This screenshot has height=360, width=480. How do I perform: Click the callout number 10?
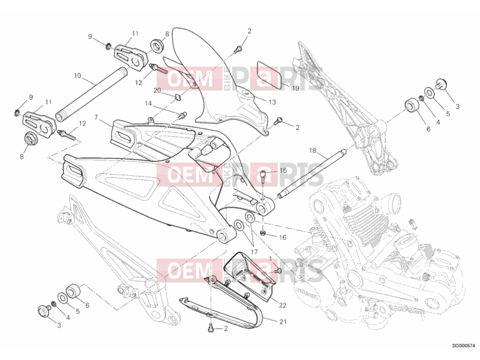click(x=77, y=76)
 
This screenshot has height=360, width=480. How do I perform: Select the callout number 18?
click(x=312, y=151)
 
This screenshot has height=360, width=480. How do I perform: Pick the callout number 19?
click(x=295, y=88)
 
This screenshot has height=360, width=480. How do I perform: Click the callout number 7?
click(x=96, y=118)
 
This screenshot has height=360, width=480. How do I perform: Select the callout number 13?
click(x=272, y=102)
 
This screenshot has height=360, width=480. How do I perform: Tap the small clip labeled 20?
click(x=177, y=97)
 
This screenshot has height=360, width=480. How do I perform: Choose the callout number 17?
click(x=254, y=252)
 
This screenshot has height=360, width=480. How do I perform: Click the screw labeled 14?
click(x=184, y=116)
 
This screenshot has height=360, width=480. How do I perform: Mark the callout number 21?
click(x=283, y=322)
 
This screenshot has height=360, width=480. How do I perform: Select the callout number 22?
click(x=282, y=305)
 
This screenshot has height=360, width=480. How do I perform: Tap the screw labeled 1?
click(x=278, y=271)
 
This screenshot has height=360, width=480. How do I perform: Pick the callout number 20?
click(x=157, y=91)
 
